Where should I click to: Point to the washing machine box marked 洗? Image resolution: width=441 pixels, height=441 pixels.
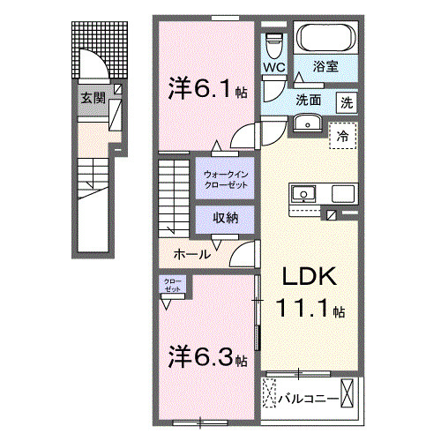[348, 101]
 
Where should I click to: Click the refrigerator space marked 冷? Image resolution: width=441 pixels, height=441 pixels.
[342, 136]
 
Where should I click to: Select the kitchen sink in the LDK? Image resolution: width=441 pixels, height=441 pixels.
[304, 191]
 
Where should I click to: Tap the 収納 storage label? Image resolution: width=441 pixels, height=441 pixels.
[225, 217]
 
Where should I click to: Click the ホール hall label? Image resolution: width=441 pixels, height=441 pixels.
[191, 254]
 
